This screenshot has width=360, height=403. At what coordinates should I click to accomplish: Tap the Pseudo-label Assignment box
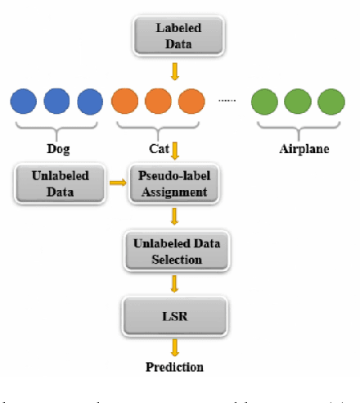tap(173, 183)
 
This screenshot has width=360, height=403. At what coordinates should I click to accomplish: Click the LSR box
tap(173, 315)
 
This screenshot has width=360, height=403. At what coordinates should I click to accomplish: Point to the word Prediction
tap(174, 366)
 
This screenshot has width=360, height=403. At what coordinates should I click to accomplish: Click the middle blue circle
tap(56, 102)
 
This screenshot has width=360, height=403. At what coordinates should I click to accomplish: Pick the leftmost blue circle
tap(23, 102)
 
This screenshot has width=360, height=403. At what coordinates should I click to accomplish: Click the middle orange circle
tap(156, 102)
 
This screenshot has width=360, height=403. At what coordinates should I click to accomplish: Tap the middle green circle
tap(298, 102)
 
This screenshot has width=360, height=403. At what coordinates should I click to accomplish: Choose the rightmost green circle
tap(331, 102)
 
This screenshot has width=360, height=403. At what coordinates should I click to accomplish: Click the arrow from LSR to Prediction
tap(174, 345)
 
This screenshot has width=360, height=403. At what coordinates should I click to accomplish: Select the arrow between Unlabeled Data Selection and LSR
tap(174, 283)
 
